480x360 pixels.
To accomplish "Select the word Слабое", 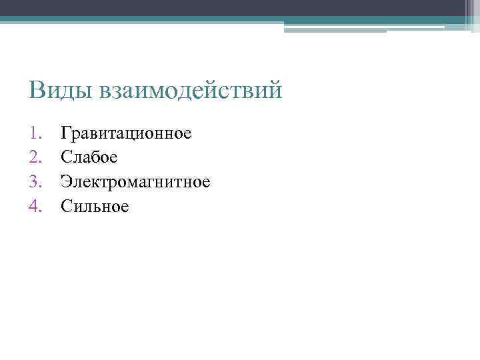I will point(89,157).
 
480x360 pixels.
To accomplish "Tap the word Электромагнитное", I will point(135,181).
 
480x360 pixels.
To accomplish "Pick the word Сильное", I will point(94,206).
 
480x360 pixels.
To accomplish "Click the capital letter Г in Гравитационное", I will point(65,133).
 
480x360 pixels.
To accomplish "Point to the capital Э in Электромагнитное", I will point(66,181).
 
